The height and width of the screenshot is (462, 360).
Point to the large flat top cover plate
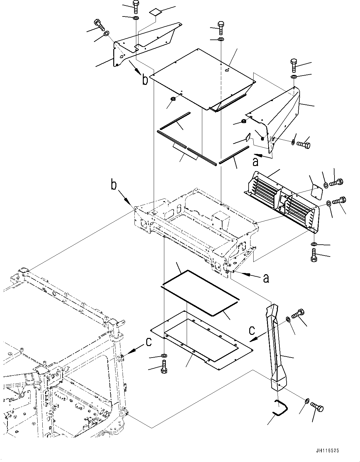(x=202, y=78)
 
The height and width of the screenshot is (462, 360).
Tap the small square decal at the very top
(x=155, y=12)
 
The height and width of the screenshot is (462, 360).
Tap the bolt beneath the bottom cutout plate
(x=164, y=367)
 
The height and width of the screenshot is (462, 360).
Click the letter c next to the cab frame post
(x=148, y=341)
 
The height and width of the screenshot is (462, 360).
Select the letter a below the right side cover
(x=255, y=161)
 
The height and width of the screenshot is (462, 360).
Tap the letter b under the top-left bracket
(x=145, y=80)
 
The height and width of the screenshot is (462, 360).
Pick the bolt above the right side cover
(x=294, y=64)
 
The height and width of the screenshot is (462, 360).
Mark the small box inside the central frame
(x=221, y=221)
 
